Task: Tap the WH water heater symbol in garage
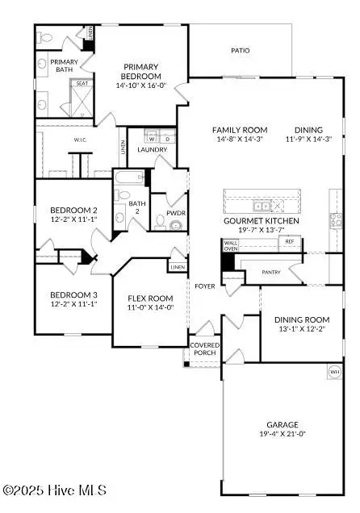(333, 372)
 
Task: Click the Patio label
(240, 50)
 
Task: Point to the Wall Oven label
(231, 244)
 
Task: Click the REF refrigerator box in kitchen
(289, 241)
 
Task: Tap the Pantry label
(271, 273)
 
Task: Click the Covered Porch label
(203, 348)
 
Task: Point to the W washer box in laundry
(150, 137)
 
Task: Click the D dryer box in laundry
(164, 137)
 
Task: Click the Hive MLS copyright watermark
(54, 489)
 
